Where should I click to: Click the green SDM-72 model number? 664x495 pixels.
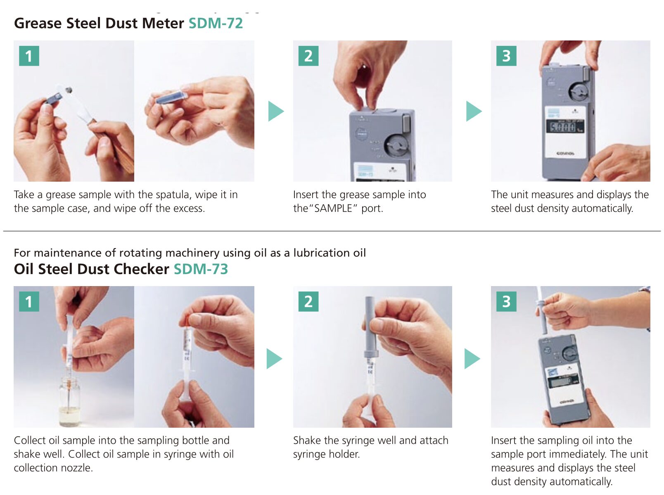point(216,23)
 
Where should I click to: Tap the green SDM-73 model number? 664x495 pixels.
point(201,269)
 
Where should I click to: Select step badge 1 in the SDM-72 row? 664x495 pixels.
point(29,56)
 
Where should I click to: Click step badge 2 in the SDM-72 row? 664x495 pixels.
point(308,56)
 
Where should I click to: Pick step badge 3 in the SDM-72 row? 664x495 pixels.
point(506,56)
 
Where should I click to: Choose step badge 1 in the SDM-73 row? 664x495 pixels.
point(29,301)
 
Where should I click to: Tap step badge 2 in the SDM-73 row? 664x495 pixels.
point(308,301)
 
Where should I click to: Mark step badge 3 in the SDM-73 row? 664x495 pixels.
point(506,301)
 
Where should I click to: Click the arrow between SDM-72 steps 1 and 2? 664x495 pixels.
point(275,111)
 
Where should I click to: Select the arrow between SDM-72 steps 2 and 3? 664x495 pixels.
point(473,111)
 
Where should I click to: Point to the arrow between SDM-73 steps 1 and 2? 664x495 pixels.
point(274,359)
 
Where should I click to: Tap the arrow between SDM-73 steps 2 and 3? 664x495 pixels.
point(472,359)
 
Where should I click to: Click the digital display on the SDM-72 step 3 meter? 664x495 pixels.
point(565,126)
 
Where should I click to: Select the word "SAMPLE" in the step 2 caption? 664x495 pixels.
point(333,208)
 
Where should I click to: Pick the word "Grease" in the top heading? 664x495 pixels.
point(38,23)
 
